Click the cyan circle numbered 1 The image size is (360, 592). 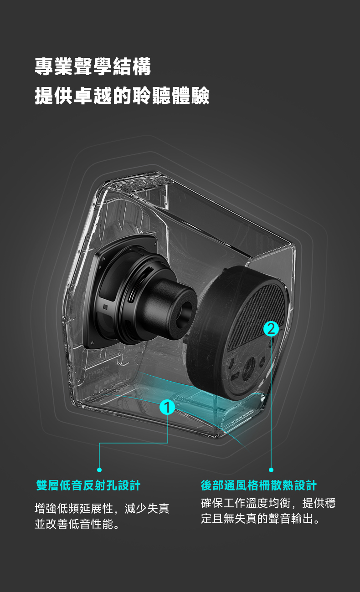[167, 407]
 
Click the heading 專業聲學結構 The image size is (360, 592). [93, 66]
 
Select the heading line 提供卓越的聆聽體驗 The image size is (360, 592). [122, 96]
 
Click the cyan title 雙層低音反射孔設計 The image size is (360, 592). [88, 485]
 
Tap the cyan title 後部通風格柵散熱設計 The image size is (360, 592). [259, 485]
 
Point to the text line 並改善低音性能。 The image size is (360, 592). [77, 524]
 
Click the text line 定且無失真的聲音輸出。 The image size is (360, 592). [260, 519]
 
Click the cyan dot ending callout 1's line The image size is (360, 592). [99, 470]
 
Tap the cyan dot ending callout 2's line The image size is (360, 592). [271, 470]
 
